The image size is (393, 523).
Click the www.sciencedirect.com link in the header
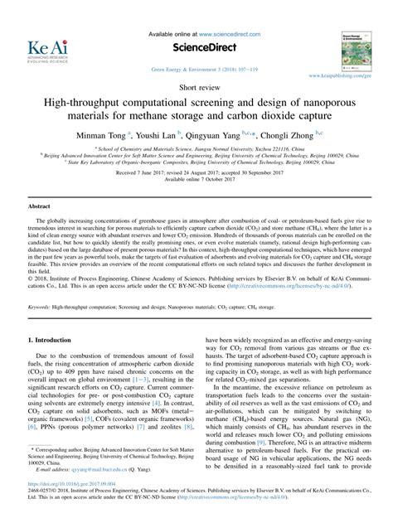pyautogui.click(x=235, y=32)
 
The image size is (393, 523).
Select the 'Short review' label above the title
pyautogui.click(x=196, y=85)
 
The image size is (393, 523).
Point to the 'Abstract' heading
pyautogui.click(x=41, y=205)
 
